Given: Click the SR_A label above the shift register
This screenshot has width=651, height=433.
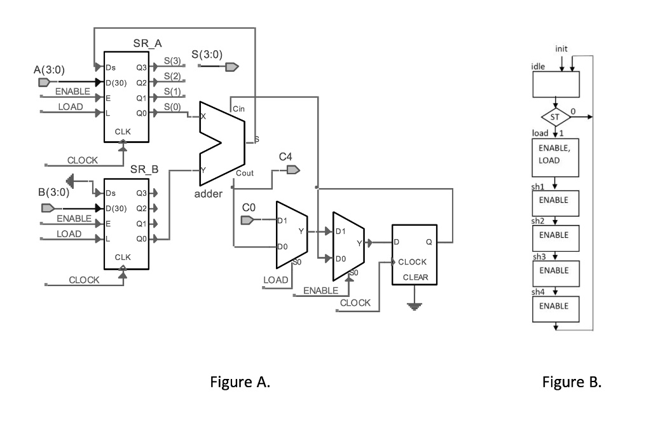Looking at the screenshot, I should pos(147,43).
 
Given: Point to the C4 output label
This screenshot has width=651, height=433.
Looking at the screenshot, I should pos(286,156).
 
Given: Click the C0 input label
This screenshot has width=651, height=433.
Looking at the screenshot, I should pos(250,207).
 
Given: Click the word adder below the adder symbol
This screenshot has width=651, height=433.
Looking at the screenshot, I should pos(209,194).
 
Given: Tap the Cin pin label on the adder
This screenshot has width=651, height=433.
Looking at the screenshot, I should pos(238,109).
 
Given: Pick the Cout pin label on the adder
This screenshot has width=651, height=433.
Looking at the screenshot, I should pos(244,173).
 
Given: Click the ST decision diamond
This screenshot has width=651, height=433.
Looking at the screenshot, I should pos(556,117).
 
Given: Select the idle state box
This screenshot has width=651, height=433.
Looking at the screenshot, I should pos(555,83).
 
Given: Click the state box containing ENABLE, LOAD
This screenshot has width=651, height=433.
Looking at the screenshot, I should pos(555,157).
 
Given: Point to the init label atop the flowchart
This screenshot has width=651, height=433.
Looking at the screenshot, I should pos(561,49).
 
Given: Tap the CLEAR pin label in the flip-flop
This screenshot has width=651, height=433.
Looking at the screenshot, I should pos(415,277).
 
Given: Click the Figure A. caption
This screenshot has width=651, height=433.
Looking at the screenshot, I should pos(240,382).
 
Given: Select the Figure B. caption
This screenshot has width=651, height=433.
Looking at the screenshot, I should pos(572,382).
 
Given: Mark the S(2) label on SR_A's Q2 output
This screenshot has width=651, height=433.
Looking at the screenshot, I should pos(172,76).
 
